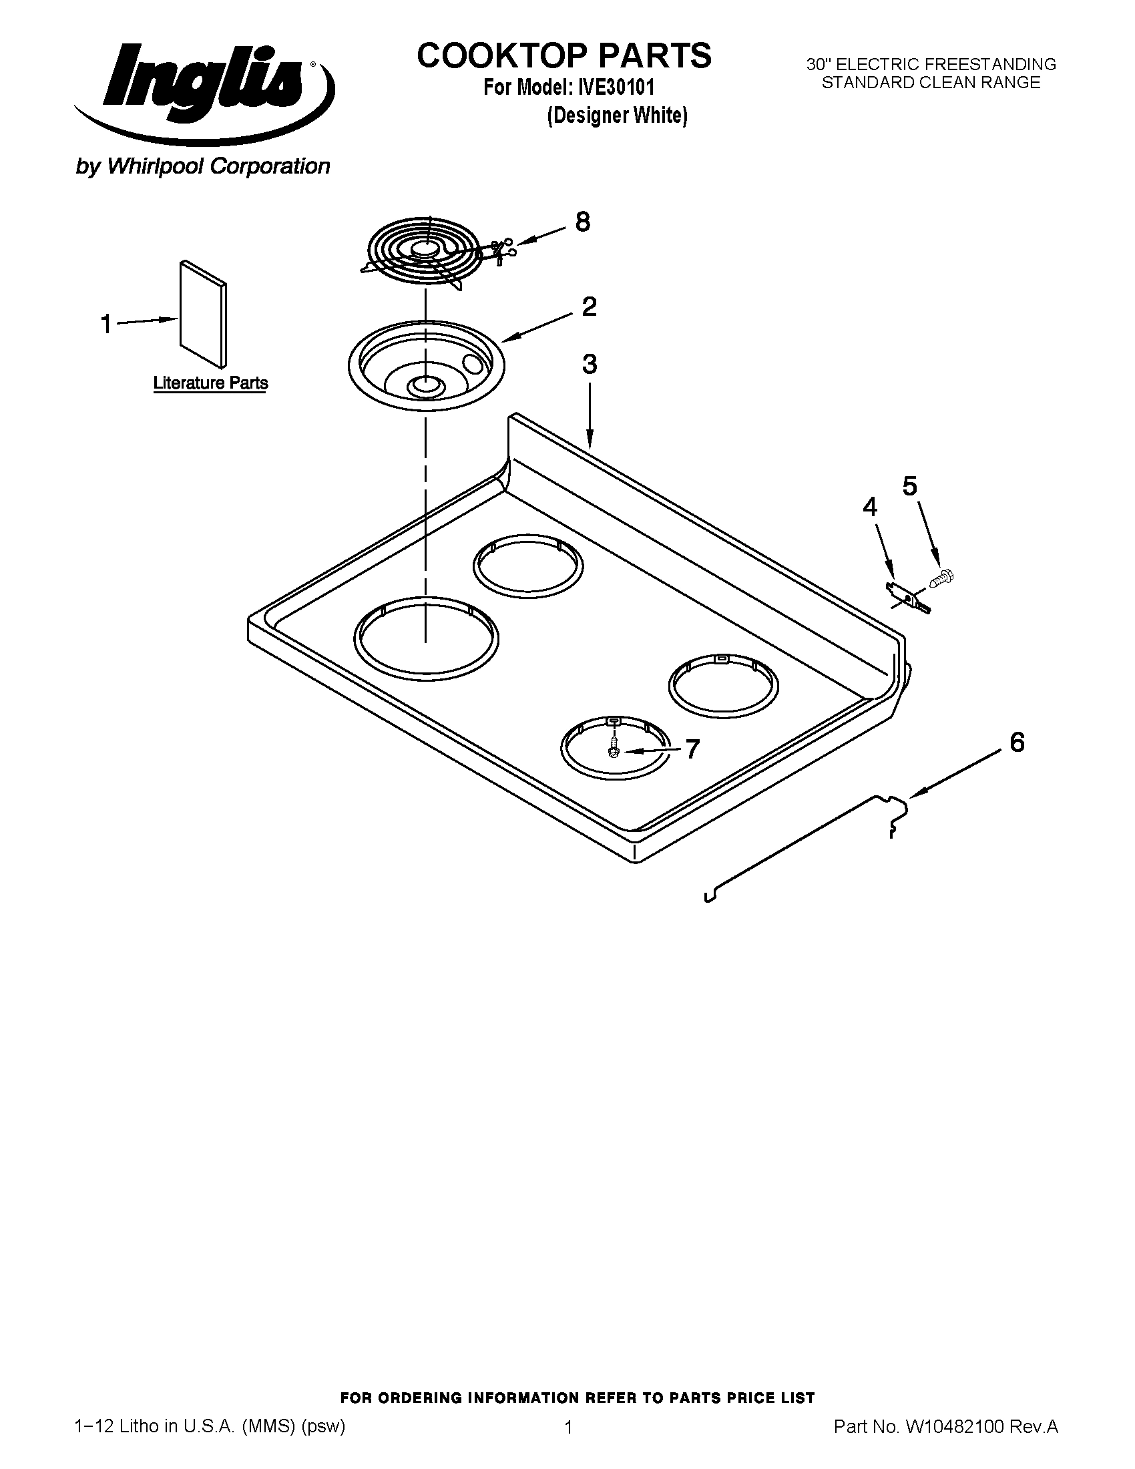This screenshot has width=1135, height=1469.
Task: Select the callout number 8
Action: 582,222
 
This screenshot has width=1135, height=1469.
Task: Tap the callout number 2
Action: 589,307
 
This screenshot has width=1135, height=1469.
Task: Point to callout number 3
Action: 589,365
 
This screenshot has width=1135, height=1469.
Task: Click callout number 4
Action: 870,507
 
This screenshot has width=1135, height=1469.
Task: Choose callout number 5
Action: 909,486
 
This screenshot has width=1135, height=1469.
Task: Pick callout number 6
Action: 1017,743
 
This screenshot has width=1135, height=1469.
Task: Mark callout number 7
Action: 692,749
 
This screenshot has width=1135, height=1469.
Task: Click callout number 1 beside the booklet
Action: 106,325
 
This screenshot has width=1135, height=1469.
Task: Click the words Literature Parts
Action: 210,383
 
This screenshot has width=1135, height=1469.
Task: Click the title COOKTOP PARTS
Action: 563,56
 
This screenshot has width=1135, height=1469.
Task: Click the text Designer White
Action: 617,116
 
